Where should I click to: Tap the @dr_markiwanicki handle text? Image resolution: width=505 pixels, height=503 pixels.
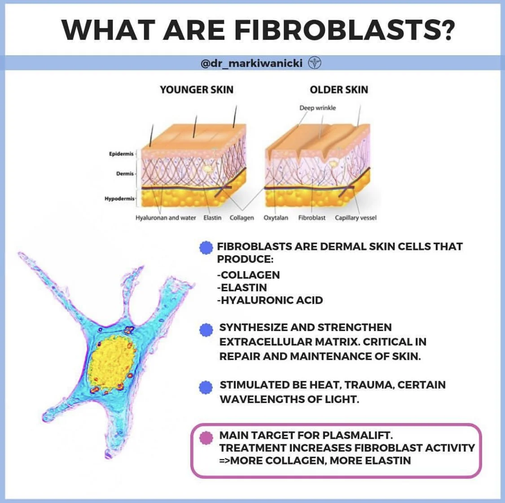(x=251, y=64)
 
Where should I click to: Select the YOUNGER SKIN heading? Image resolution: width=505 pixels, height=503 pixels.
(x=197, y=90)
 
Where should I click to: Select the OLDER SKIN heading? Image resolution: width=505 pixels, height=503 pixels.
(x=338, y=90)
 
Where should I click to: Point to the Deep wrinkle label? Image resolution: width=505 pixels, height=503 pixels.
(x=317, y=108)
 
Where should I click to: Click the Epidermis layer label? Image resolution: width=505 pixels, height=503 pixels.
(x=121, y=154)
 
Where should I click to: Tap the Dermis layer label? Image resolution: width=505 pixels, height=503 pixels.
(x=125, y=174)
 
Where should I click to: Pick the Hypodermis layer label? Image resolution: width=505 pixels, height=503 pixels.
(x=119, y=198)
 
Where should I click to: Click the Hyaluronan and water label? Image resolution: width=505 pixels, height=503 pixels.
(x=166, y=218)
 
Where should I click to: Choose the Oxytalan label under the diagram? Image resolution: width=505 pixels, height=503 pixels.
(x=276, y=218)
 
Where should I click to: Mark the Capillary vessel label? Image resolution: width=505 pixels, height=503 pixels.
(x=356, y=218)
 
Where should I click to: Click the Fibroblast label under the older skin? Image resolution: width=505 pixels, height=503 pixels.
(x=312, y=218)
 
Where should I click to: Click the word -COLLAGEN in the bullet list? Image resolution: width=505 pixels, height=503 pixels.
(x=248, y=275)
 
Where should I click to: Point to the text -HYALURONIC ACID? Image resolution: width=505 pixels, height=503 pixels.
(x=270, y=300)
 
